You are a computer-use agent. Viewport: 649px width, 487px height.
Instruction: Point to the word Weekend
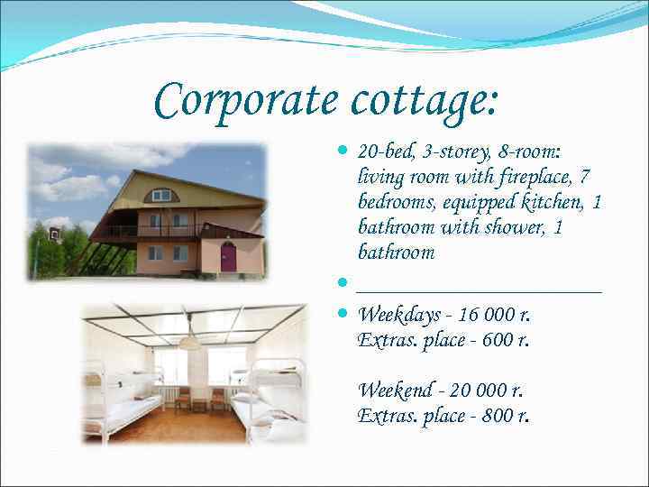click(394, 391)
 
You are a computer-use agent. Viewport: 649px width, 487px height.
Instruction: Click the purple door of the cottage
click(229, 257)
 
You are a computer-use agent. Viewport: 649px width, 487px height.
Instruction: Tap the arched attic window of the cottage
click(161, 195)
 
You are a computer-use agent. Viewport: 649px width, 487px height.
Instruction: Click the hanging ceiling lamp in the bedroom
click(190, 341)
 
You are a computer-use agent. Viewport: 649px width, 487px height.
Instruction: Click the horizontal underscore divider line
click(479, 290)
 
